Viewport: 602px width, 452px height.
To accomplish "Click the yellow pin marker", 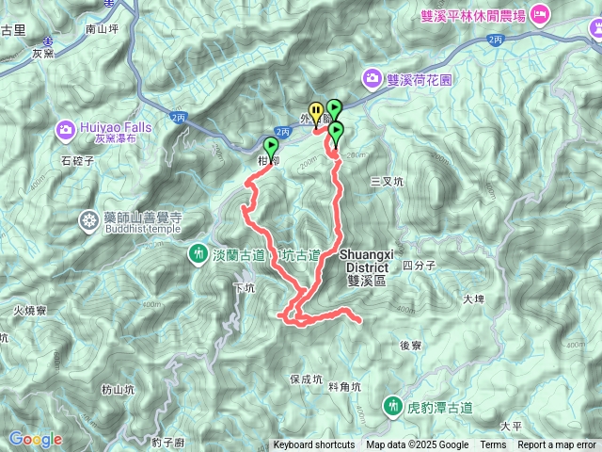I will [316, 111].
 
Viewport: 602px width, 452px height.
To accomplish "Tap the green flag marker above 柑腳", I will [272, 147].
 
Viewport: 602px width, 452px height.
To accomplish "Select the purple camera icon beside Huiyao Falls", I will [66, 127].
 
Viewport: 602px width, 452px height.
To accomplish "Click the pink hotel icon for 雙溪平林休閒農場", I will [540, 13].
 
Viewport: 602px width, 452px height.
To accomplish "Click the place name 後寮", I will [410, 346].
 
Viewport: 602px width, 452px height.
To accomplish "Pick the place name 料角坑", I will [346, 385].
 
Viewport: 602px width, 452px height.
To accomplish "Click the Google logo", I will [35, 439].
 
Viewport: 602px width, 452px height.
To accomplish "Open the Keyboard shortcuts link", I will [314, 445].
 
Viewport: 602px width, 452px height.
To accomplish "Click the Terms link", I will [493, 445].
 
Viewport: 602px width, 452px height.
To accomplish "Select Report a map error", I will [558, 445].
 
